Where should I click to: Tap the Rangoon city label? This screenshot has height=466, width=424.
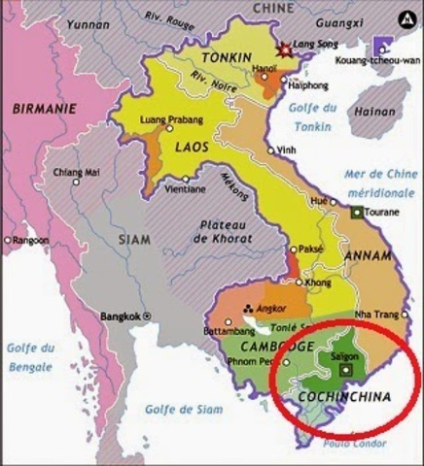click(32, 239)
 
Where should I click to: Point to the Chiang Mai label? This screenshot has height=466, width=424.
click(77, 172)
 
